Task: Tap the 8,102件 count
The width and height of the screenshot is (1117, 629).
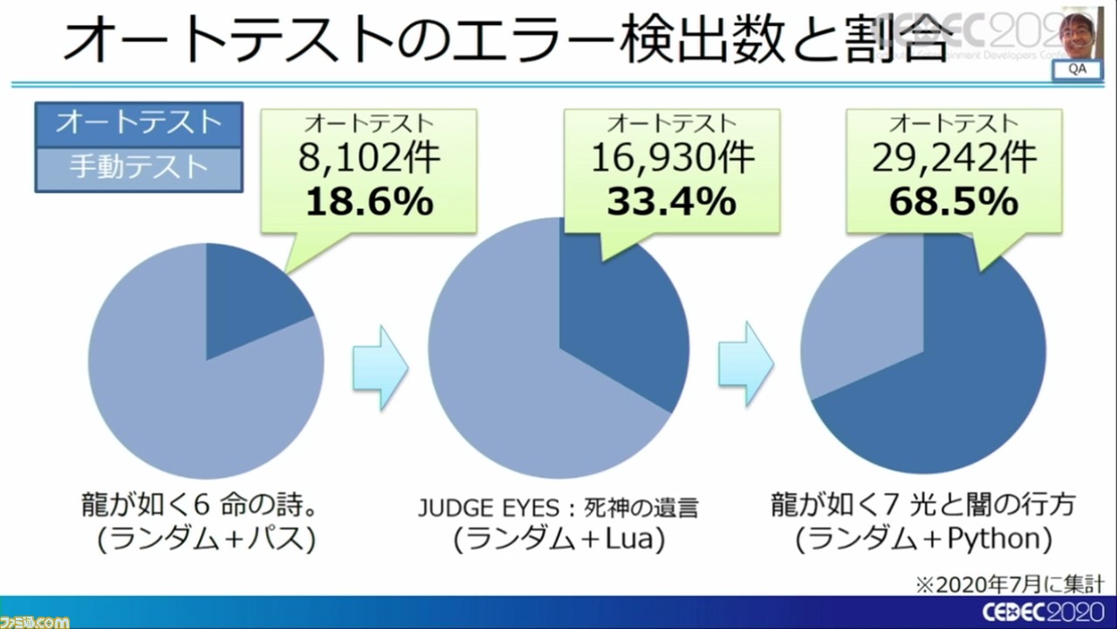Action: [368, 160]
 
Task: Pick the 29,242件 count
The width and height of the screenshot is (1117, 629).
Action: [953, 160]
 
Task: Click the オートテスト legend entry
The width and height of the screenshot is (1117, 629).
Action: [138, 123]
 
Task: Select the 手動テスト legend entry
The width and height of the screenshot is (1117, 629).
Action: [138, 167]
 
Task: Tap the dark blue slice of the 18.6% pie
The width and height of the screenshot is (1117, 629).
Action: [249, 301]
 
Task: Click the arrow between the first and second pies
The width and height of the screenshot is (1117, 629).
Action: [380, 367]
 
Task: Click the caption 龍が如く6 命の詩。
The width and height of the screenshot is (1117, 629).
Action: [206, 505]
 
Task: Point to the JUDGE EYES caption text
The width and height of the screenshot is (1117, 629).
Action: [558, 508]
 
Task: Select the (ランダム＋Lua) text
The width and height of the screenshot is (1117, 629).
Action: [558, 539]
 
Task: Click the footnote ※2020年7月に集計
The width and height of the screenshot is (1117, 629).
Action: [1035, 583]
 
